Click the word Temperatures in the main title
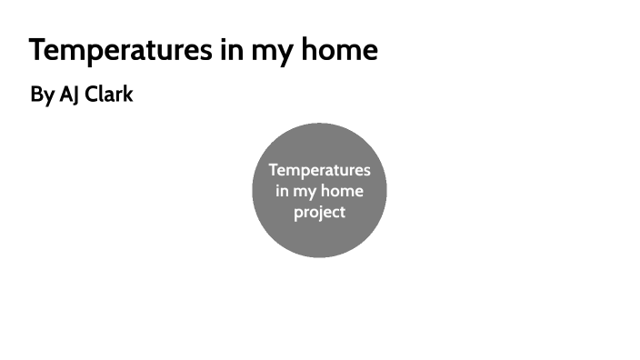[x=119, y=50]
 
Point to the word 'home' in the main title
[x=343, y=50]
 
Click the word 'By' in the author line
[x=42, y=95]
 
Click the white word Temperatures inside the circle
[x=319, y=170]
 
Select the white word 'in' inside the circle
[x=282, y=191]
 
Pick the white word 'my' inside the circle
[x=305, y=193]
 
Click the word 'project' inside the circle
[x=319, y=213]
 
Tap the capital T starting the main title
[x=37, y=50]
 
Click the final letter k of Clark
[x=128, y=95]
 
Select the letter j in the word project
[x=318, y=214]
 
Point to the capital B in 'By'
[x=36, y=95]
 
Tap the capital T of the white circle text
[x=273, y=170]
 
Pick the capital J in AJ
[x=75, y=95]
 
